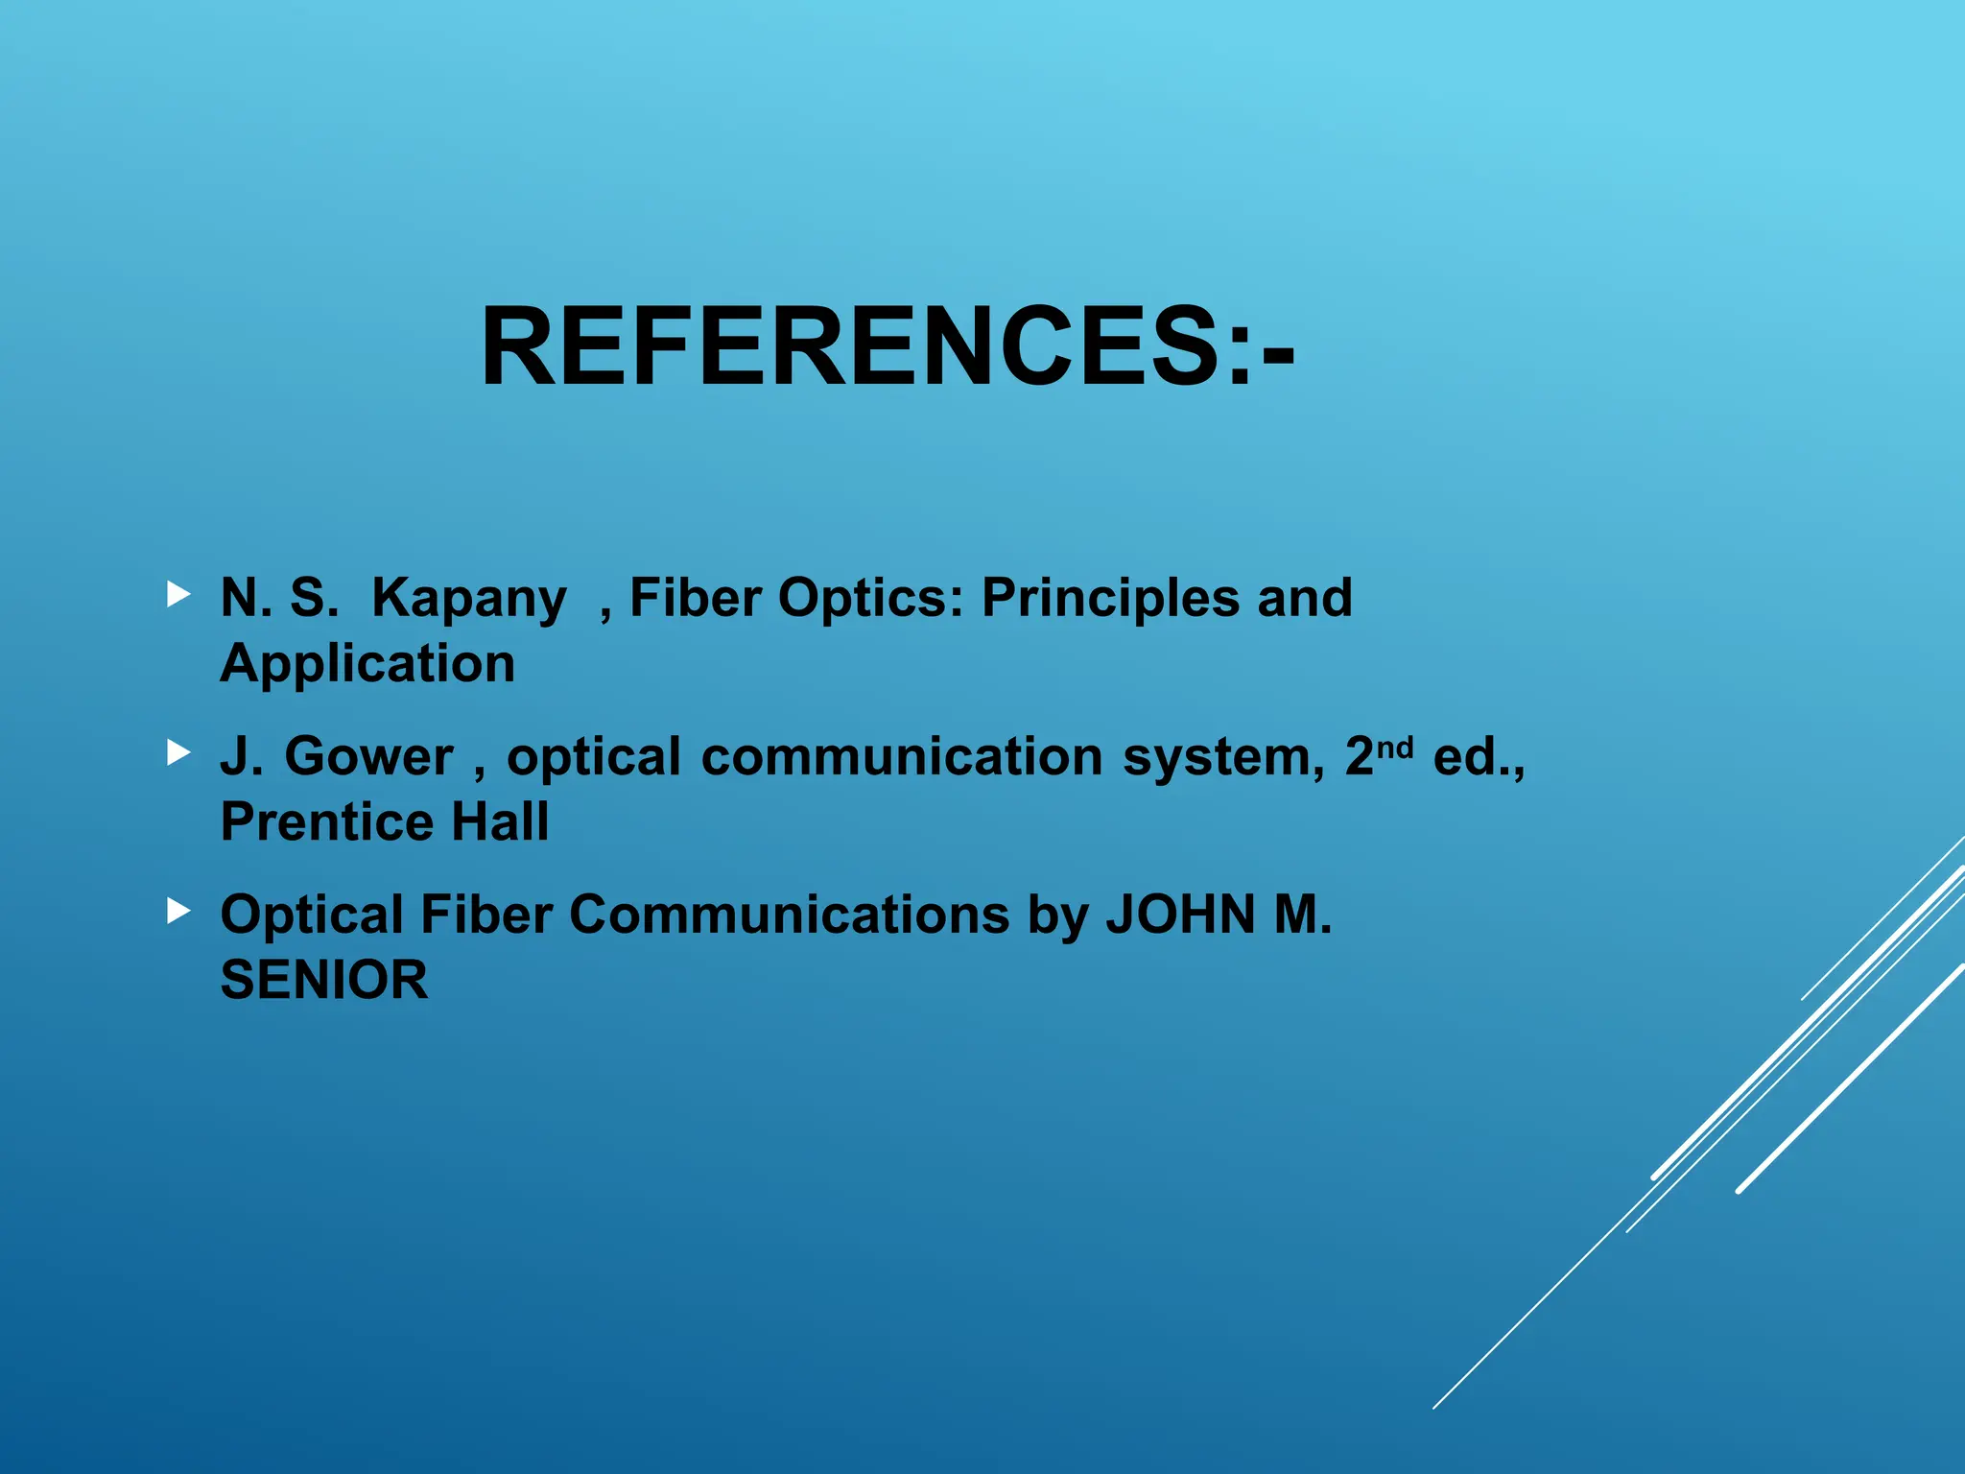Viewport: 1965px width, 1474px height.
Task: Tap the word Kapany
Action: [468, 599]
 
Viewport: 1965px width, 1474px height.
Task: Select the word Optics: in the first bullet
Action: [869, 599]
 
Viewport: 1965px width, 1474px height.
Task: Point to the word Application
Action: [367, 664]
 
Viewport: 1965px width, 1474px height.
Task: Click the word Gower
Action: [368, 757]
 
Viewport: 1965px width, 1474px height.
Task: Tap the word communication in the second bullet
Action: [902, 757]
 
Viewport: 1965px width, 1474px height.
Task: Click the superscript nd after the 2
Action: [1395, 747]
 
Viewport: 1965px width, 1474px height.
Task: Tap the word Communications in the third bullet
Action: [789, 915]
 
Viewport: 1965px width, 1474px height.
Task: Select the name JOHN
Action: [1181, 915]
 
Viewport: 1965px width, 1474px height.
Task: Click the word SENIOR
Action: [324, 980]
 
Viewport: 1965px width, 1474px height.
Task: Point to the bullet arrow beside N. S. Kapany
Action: [178, 595]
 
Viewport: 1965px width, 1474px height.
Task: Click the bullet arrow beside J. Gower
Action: [178, 753]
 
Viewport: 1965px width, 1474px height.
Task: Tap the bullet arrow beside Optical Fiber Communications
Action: [178, 911]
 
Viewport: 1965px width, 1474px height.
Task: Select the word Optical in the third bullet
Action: [312, 915]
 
